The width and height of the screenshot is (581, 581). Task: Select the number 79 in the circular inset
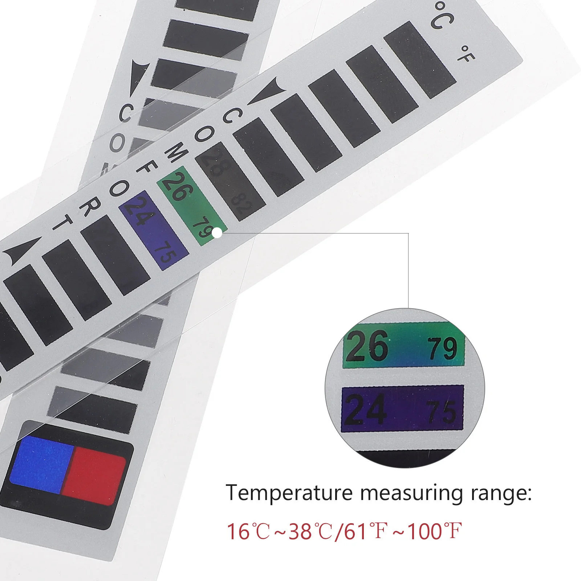coord(442,349)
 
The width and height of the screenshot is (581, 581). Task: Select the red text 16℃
coord(248,531)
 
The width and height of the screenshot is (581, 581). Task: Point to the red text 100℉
coord(434,531)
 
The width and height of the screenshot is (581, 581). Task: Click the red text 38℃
coord(310,531)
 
